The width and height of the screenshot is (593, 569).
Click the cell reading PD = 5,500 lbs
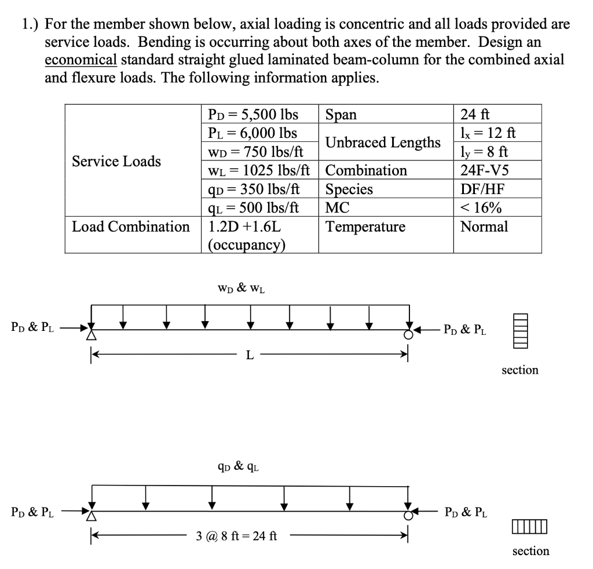[252, 114]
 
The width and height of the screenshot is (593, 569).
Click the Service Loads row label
[116, 161]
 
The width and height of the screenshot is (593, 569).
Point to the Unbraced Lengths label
[383, 142]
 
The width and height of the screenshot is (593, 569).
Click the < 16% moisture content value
[481, 208]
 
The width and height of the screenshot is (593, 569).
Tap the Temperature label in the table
[365, 227]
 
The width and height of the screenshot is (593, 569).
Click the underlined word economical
[81, 60]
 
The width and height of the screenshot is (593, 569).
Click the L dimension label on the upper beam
[250, 355]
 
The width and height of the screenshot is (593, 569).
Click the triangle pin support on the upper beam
[91, 334]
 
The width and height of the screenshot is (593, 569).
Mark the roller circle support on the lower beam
[409, 515]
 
